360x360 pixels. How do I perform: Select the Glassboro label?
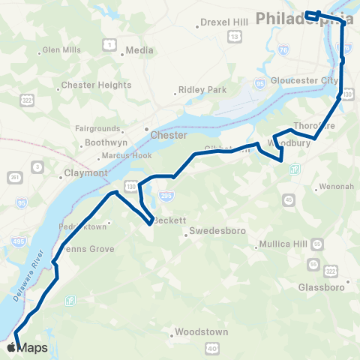click(321, 287)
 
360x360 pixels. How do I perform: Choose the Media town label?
click(139, 50)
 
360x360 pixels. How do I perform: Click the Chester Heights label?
click(96, 85)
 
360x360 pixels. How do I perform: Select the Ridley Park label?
click(202, 90)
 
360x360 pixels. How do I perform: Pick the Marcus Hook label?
click(124, 157)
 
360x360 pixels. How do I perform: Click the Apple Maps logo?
click(27, 347)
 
